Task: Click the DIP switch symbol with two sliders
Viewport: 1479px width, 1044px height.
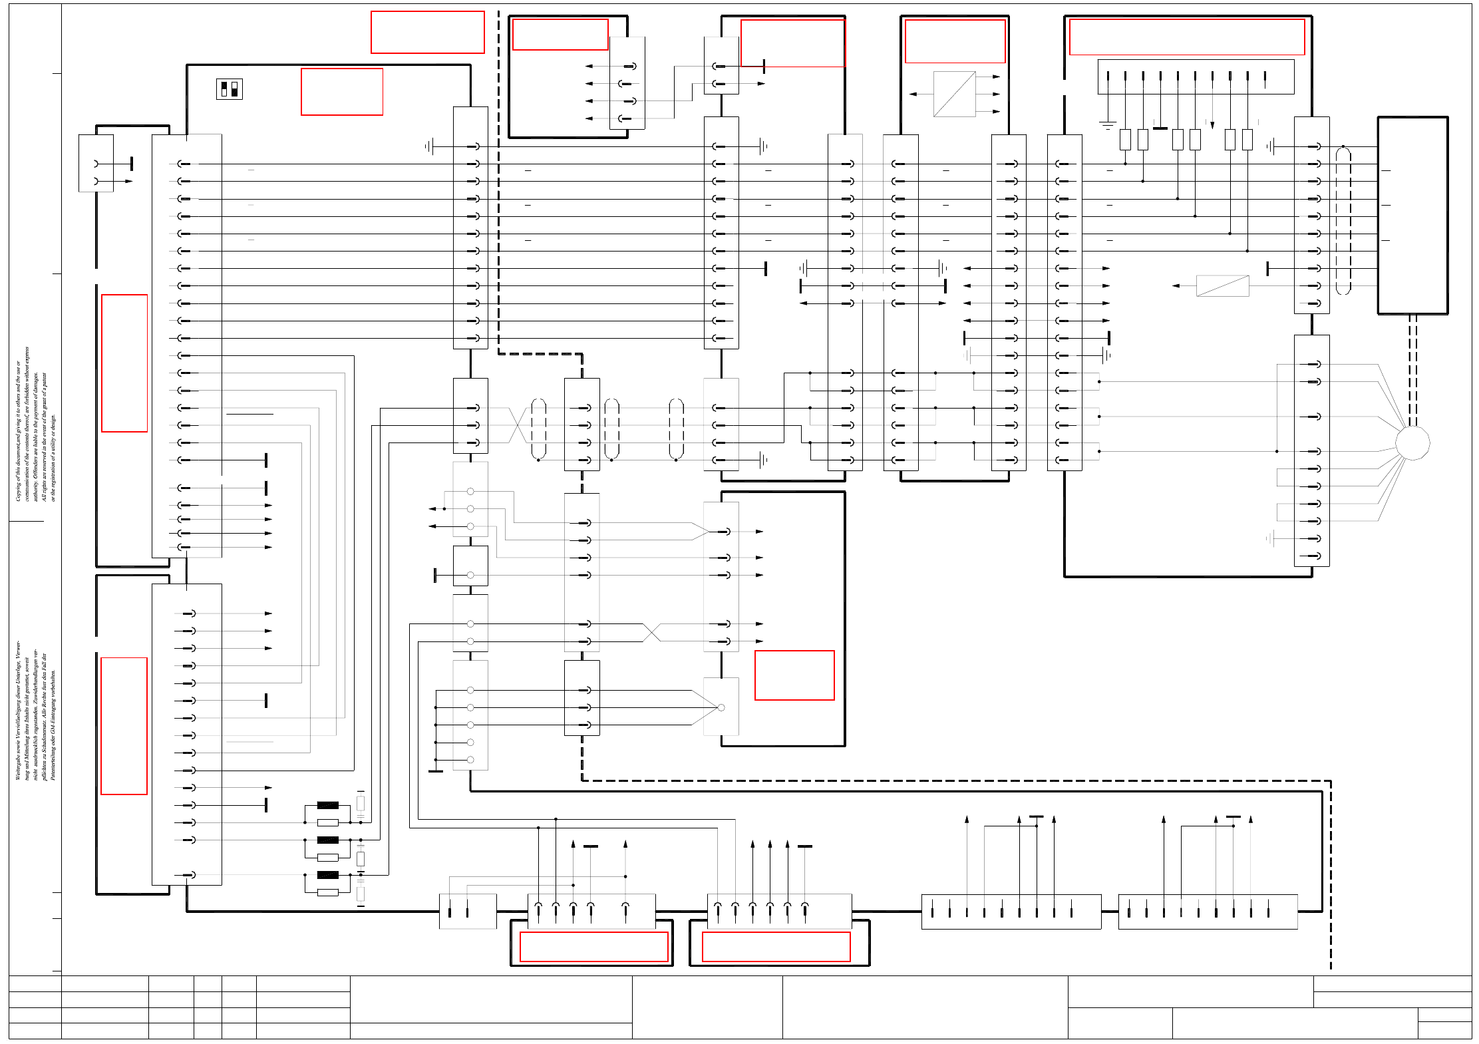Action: (229, 89)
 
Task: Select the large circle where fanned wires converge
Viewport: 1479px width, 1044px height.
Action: (1412, 442)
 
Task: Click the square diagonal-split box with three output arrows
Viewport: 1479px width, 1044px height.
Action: (954, 94)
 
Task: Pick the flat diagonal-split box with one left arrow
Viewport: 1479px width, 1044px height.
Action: (1222, 285)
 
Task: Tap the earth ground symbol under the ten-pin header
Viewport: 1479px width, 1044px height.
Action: (1107, 124)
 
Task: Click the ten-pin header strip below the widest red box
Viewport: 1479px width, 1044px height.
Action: (1195, 77)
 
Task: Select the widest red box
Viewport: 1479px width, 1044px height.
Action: (1186, 37)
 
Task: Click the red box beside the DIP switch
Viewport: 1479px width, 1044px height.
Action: (341, 92)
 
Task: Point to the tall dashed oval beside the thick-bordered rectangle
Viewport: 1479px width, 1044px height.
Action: (1343, 220)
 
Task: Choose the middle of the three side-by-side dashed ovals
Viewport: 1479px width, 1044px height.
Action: (611, 429)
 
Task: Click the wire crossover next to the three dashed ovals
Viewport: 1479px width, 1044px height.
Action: (518, 425)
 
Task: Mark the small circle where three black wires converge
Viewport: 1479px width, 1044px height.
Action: (721, 707)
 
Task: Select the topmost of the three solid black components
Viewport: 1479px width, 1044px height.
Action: (327, 805)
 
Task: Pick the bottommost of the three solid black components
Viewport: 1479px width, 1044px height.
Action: (327, 875)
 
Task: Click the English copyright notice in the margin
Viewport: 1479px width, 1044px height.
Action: (35, 424)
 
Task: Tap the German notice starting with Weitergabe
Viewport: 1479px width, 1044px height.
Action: (35, 710)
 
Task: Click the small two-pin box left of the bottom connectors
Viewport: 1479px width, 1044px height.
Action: (467, 911)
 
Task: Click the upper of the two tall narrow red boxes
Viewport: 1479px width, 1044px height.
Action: (124, 363)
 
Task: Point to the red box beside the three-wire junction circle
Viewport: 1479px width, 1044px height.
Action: (794, 675)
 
